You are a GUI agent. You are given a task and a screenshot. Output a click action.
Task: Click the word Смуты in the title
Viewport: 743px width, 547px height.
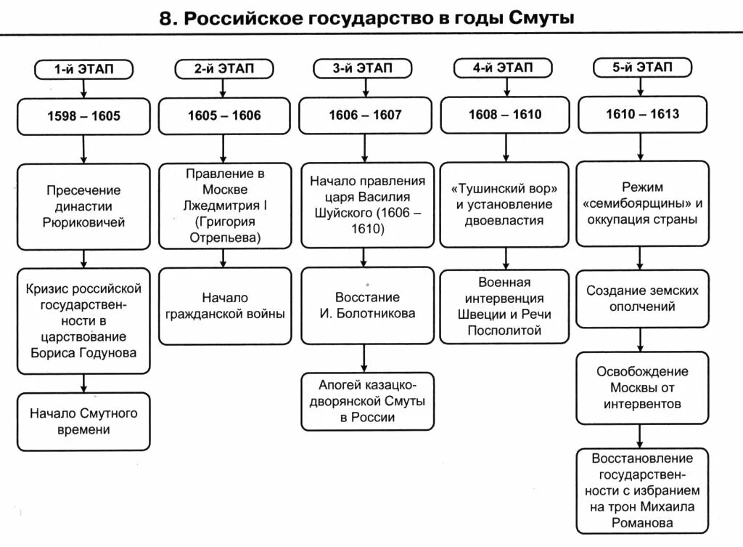pyautogui.click(x=541, y=18)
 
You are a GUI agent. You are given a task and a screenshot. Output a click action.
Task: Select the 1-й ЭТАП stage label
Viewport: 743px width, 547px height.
pyautogui.click(x=84, y=69)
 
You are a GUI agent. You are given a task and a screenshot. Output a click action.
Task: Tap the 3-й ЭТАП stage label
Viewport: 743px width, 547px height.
pyautogui.click(x=362, y=68)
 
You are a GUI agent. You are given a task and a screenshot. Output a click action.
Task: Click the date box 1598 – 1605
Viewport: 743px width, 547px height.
pyautogui.click(x=84, y=116)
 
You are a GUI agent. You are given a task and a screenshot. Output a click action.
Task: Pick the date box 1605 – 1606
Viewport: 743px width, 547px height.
pyautogui.click(x=224, y=116)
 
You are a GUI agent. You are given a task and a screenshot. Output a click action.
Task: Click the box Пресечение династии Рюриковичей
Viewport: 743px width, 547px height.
pyautogui.click(x=84, y=206)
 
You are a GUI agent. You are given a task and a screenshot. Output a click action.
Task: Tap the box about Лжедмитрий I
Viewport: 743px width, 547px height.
pyautogui.click(x=224, y=206)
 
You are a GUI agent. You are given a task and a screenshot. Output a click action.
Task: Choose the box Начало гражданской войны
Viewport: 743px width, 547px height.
pyautogui.click(x=224, y=306)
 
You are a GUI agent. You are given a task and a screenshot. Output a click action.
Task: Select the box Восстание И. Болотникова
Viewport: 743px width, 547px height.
pyautogui.click(x=366, y=306)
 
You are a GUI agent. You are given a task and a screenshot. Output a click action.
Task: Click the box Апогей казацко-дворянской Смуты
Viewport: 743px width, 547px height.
pyautogui.click(x=366, y=400)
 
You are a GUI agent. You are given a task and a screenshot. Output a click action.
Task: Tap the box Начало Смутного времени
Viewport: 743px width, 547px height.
pyautogui.click(x=84, y=421)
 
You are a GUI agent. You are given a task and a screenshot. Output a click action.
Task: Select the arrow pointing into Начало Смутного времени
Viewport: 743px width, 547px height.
pyautogui.click(x=84, y=383)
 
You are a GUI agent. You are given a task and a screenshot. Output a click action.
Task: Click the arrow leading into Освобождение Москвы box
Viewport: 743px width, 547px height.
pyautogui.click(x=641, y=341)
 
